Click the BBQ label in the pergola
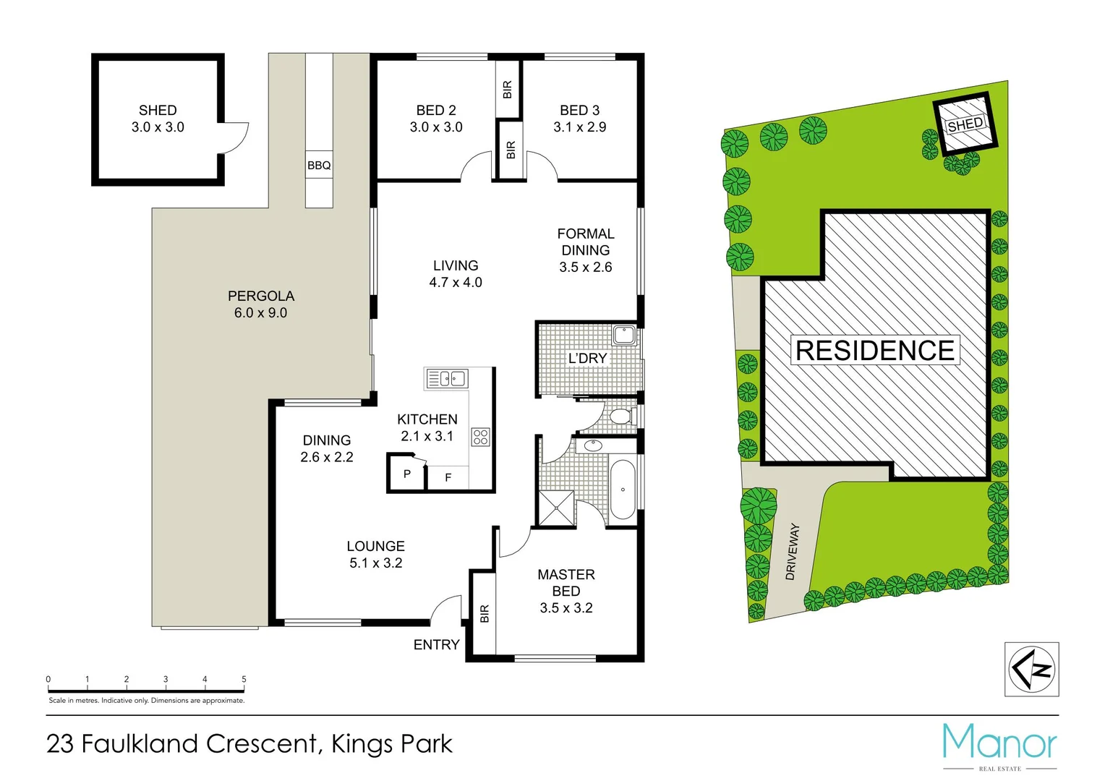click(319, 166)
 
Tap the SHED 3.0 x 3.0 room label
click(158, 119)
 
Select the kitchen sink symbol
click(447, 378)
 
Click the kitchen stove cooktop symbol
click(480, 437)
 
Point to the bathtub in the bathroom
click(622, 489)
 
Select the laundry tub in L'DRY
click(623, 335)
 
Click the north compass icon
click(1032, 670)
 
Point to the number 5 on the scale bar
click(244, 679)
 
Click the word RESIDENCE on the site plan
click(875, 351)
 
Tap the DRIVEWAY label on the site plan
click(793, 551)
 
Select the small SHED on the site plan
click(965, 124)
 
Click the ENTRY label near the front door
click(436, 644)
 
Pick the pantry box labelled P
click(406, 474)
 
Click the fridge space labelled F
click(448, 477)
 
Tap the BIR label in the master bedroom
click(485, 613)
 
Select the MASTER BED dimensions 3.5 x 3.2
click(566, 608)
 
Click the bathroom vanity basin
click(593, 445)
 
